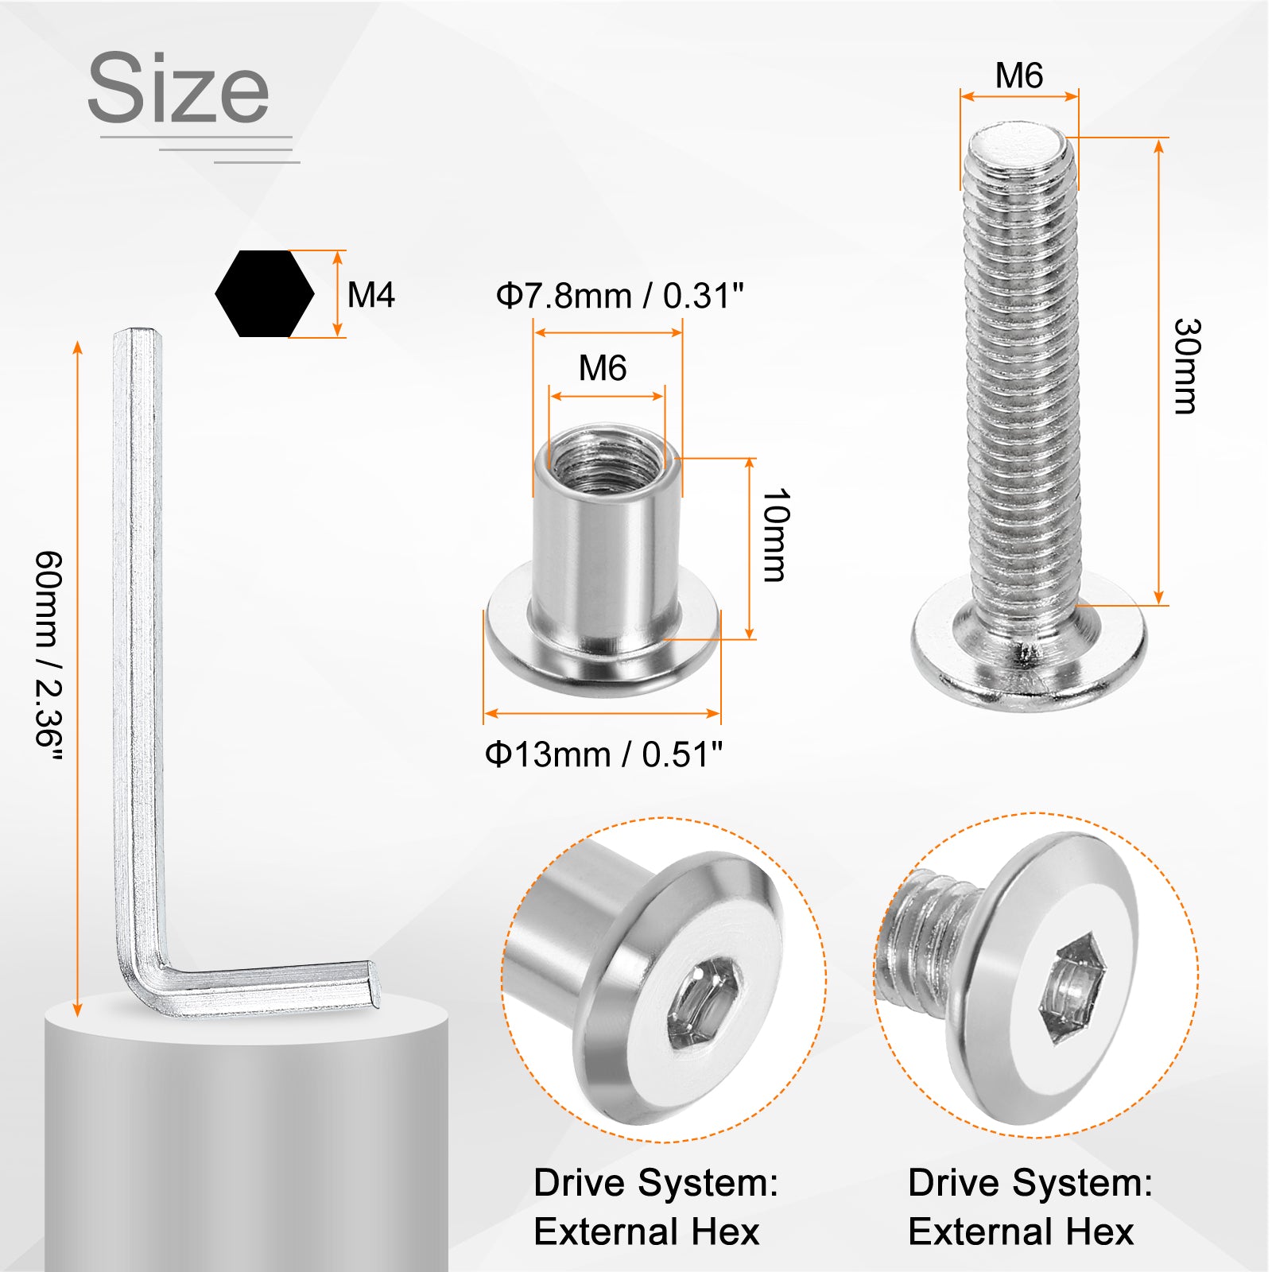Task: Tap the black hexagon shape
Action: point(265,293)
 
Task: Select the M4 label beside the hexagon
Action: point(371,295)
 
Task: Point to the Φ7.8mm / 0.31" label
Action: point(620,296)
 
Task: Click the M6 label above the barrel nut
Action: point(603,368)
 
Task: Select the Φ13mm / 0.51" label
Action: point(604,754)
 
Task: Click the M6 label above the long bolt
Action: point(1019,76)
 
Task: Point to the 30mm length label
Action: point(1187,366)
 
